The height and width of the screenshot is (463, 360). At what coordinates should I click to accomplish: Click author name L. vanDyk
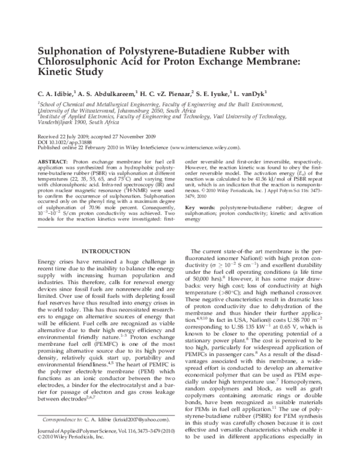(257, 94)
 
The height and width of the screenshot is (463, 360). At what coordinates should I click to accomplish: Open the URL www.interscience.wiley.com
(205, 147)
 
